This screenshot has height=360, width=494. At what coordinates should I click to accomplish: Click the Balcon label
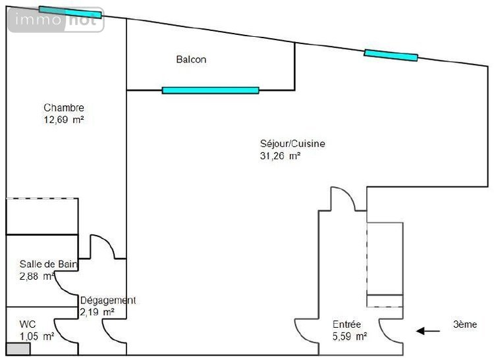coord(191,59)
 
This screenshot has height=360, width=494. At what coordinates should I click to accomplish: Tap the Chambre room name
coord(64,108)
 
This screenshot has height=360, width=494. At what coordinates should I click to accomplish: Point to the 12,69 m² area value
coord(64,120)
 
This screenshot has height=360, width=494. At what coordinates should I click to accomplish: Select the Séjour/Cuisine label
coord(292,144)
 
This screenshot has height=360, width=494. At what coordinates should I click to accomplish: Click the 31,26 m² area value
coord(280,156)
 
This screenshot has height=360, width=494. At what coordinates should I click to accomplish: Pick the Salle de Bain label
coord(48,264)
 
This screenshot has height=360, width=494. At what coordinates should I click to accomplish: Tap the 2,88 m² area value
coord(37,276)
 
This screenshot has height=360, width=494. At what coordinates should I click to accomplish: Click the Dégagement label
coord(108,301)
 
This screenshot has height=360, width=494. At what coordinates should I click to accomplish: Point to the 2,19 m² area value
coord(97,312)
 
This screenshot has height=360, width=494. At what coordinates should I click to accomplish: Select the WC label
coord(28,324)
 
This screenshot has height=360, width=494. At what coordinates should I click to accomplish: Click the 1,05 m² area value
coord(37,336)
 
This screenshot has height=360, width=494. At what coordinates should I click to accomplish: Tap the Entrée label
coord(347,324)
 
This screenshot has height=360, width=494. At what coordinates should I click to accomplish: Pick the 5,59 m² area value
coord(350,336)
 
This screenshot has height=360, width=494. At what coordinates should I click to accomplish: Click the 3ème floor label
coord(465,324)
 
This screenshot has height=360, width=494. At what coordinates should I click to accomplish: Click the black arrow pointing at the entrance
coord(428,331)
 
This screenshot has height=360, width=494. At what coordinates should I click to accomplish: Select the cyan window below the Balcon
coord(211,90)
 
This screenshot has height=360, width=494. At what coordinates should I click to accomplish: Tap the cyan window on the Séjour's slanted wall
coord(391,55)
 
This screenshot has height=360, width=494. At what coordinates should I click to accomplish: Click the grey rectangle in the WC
coord(18,349)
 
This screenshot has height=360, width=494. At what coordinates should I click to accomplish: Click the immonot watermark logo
coord(56,20)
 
